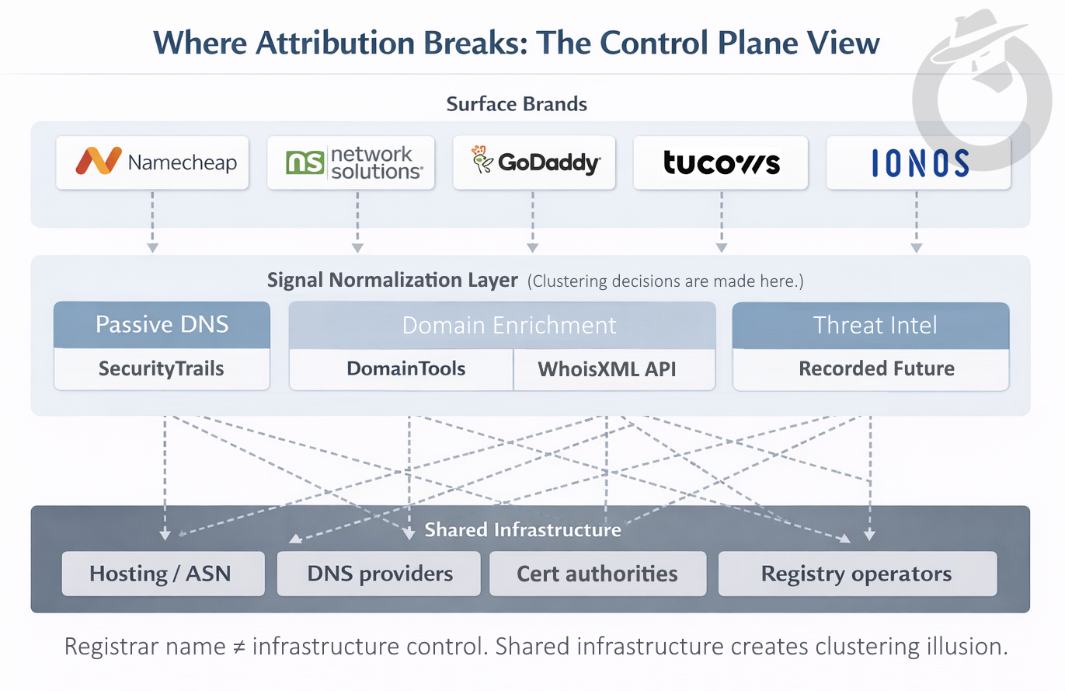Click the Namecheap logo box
click(152, 162)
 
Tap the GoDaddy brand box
click(534, 162)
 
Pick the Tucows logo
click(721, 162)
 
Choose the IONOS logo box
click(917, 162)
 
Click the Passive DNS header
click(162, 325)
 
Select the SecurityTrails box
click(162, 368)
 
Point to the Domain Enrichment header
click(502, 325)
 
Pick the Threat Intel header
click(870, 325)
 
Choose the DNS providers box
click(380, 574)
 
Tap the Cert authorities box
click(597, 574)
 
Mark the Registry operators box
click(856, 574)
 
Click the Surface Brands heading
click(517, 103)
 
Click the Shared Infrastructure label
click(523, 530)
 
